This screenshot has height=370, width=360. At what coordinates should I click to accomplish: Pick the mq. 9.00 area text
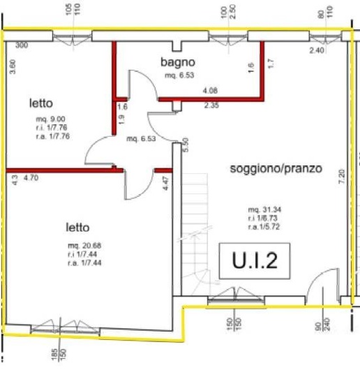pyautogui.click(x=50, y=119)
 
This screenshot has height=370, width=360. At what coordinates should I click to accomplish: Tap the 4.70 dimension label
pyautogui.click(x=32, y=178)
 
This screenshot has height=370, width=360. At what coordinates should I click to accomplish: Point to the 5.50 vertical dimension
pyautogui.click(x=185, y=145)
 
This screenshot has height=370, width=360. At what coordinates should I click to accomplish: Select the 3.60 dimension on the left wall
pyautogui.click(x=13, y=67)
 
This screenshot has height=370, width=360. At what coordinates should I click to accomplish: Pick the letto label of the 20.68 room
pyautogui.click(x=79, y=228)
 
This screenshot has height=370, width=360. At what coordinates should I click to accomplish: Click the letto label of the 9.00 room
pyautogui.click(x=41, y=102)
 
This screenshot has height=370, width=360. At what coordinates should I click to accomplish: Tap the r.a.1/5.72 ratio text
pyautogui.click(x=266, y=227)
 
